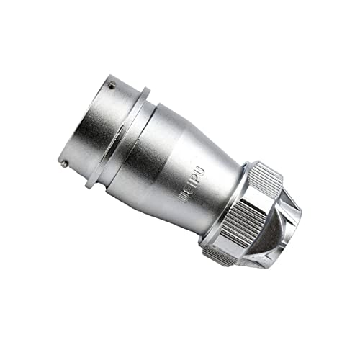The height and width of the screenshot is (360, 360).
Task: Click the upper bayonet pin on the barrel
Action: coord(111,86)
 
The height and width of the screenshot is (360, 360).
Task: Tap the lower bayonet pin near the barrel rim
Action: coord(66,163)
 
